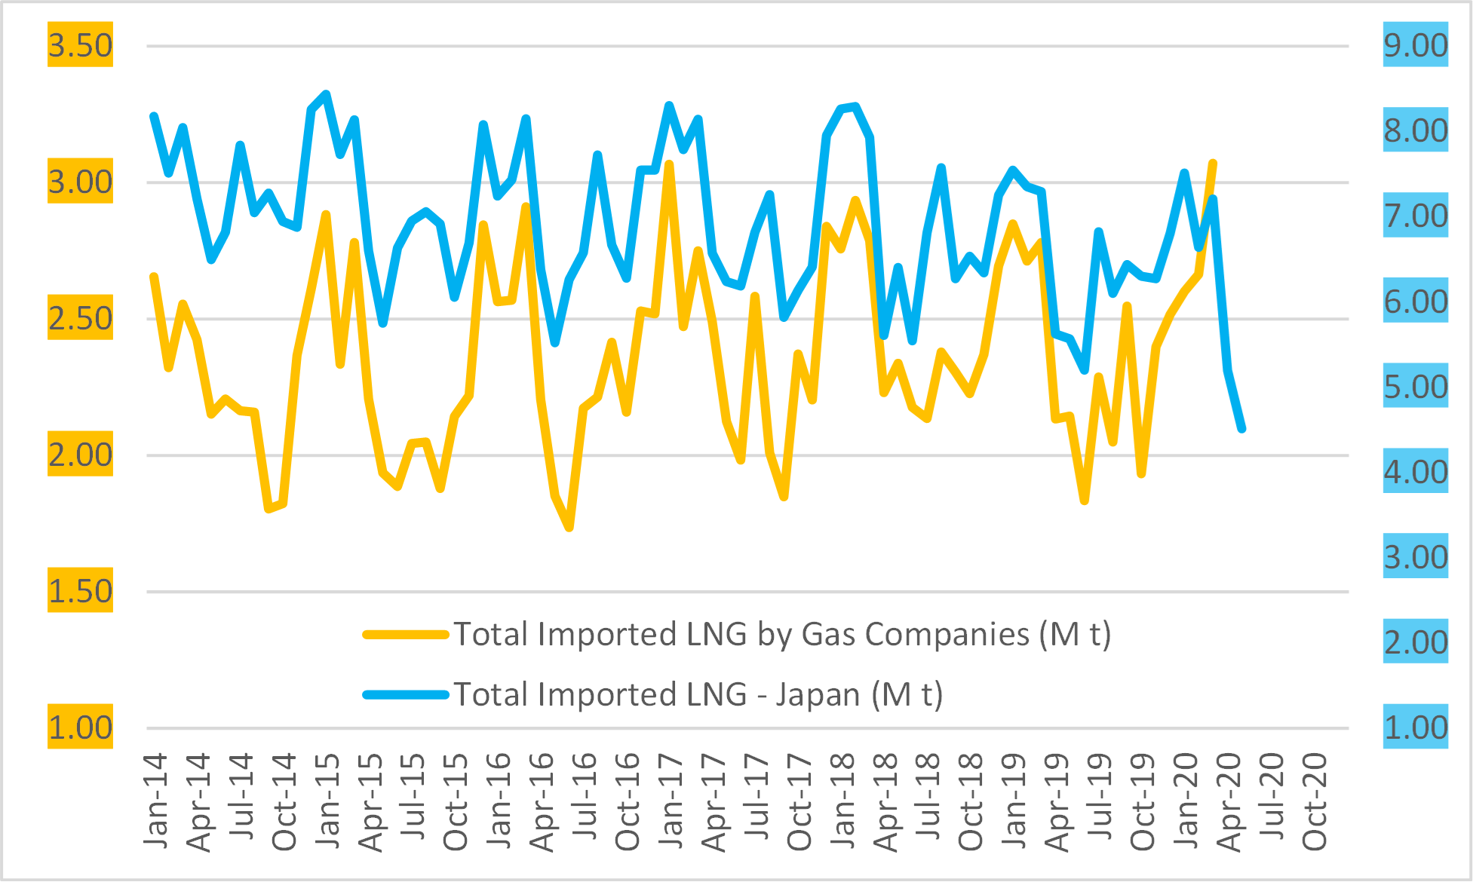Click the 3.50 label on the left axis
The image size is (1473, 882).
(x=80, y=45)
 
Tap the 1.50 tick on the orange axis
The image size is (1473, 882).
(x=80, y=590)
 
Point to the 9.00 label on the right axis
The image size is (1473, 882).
(x=1415, y=45)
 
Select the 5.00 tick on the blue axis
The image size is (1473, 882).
(x=1415, y=386)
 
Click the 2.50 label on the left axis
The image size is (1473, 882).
(x=80, y=318)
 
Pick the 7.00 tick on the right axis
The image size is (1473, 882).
(x=1415, y=216)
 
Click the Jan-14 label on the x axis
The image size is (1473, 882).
(x=155, y=801)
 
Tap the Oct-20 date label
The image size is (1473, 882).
(x=1314, y=801)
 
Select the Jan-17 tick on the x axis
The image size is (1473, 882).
(x=671, y=801)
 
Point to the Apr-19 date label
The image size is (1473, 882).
(x=1057, y=801)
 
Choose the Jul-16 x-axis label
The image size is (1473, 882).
(x=585, y=801)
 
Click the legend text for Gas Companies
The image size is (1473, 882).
(x=782, y=634)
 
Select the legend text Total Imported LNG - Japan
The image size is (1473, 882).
(x=698, y=694)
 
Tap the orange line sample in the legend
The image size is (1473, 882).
(x=406, y=635)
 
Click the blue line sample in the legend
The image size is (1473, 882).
(x=406, y=695)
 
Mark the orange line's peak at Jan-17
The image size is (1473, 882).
(x=669, y=164)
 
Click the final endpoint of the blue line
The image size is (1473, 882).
(x=1241, y=428)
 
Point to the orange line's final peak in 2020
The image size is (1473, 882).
(x=1213, y=163)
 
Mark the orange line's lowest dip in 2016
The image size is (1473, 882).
(x=569, y=528)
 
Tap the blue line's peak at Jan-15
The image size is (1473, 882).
(x=326, y=94)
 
